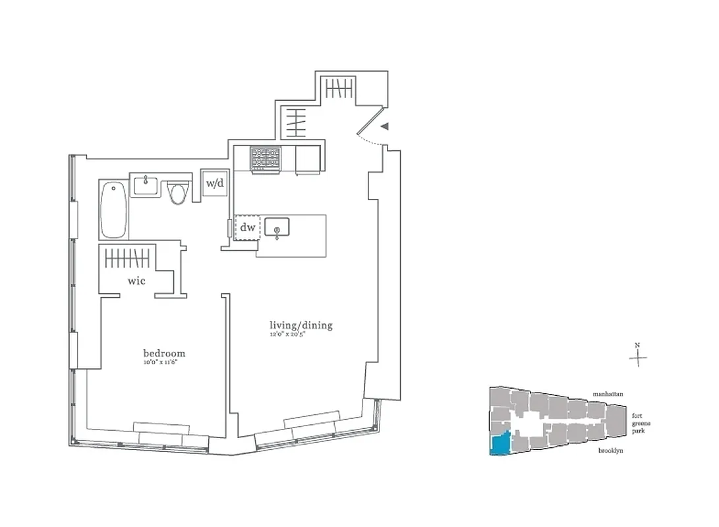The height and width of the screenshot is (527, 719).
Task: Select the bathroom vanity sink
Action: tap(144, 185)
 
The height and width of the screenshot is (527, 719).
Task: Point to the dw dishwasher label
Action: tap(247, 228)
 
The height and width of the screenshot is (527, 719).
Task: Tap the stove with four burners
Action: tap(265, 159)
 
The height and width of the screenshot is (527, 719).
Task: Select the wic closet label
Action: tap(136, 281)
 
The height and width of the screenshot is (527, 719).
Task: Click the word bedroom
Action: tap(164, 352)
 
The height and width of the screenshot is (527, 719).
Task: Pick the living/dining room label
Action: tap(301, 325)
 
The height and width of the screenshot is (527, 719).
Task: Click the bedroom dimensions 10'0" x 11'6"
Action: tap(164, 362)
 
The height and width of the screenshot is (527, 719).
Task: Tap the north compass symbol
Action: tap(637, 358)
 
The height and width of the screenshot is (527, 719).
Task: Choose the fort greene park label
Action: tap(637, 423)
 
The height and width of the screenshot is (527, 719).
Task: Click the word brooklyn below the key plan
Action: tap(610, 451)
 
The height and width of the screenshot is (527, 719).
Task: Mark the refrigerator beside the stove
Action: tap(308, 159)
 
